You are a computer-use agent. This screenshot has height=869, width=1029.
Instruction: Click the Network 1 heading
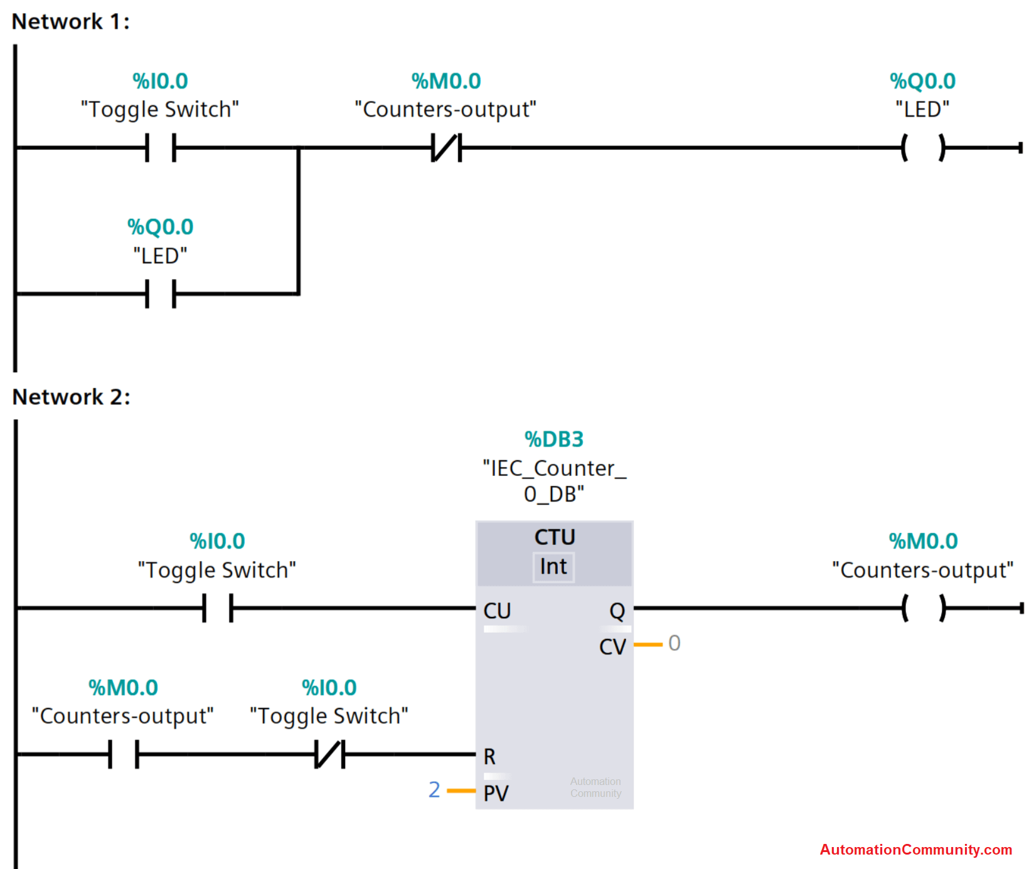tap(70, 22)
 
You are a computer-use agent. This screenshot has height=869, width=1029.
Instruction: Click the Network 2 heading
tap(71, 397)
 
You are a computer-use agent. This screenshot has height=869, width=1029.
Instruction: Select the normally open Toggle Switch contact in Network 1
tap(161, 148)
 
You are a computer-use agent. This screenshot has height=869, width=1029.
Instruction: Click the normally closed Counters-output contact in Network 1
tap(446, 148)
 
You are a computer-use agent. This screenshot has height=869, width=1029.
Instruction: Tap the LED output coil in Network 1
tap(923, 148)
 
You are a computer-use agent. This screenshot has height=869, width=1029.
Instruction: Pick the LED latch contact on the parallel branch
tap(161, 293)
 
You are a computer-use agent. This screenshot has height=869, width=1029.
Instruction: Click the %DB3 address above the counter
tap(554, 440)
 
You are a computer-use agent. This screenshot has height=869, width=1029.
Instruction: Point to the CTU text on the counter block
tap(555, 537)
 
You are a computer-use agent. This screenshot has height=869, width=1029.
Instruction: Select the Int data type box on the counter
tap(553, 567)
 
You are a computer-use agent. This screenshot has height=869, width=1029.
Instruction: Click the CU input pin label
tap(497, 611)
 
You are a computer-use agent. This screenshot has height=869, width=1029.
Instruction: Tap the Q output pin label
tap(617, 611)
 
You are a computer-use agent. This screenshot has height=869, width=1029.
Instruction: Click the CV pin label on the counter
tap(612, 646)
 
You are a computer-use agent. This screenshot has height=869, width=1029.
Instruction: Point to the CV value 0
tap(674, 643)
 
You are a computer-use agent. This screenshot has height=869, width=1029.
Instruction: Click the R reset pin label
tap(489, 757)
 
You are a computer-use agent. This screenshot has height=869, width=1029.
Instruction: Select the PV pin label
tap(496, 793)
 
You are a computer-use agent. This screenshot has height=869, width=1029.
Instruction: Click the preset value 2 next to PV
tap(434, 790)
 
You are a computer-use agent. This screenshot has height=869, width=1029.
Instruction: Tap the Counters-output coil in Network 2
tap(923, 608)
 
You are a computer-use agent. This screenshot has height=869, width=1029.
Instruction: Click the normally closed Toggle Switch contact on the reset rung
tap(329, 754)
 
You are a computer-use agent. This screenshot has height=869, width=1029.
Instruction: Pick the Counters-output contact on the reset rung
tap(124, 754)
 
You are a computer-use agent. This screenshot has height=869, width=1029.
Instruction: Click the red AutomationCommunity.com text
tap(915, 850)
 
